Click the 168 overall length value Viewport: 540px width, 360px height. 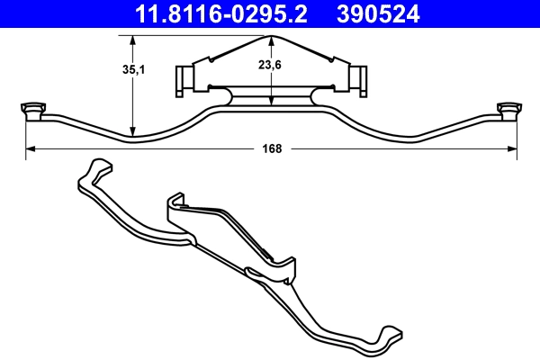coord(273,149)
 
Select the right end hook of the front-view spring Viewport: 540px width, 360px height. coord(511,110)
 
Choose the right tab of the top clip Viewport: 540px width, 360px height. coord(360,79)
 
